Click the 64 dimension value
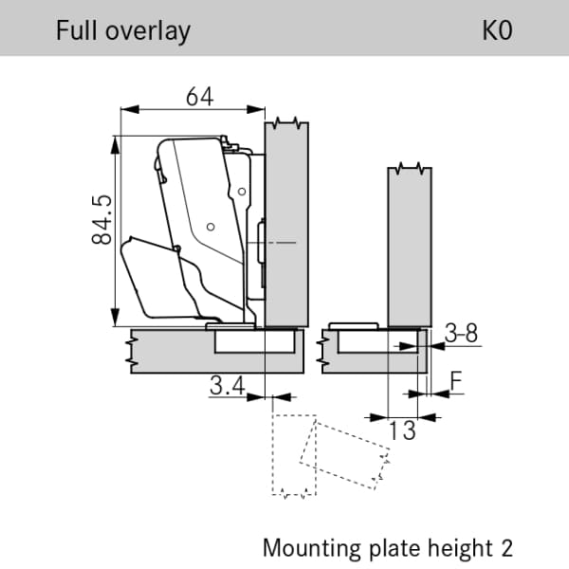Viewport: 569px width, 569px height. (199, 97)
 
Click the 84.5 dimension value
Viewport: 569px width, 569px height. (102, 220)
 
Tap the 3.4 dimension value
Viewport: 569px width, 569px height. (228, 385)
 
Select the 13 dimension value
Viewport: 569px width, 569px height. (402, 431)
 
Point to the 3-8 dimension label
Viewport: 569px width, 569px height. (461, 333)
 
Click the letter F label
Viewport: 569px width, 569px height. (456, 380)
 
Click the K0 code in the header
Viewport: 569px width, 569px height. (497, 30)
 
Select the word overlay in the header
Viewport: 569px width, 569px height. (148, 32)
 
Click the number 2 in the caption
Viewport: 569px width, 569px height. (507, 547)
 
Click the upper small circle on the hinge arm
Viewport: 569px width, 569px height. (242, 192)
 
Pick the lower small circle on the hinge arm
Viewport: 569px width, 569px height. (211, 227)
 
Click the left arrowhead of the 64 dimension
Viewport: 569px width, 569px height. (130, 109)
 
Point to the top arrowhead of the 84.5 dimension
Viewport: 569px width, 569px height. (115, 145)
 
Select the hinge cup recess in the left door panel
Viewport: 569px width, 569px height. (254, 341)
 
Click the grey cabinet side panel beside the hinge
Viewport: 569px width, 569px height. (286, 225)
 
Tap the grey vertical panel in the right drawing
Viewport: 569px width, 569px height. (410, 247)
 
